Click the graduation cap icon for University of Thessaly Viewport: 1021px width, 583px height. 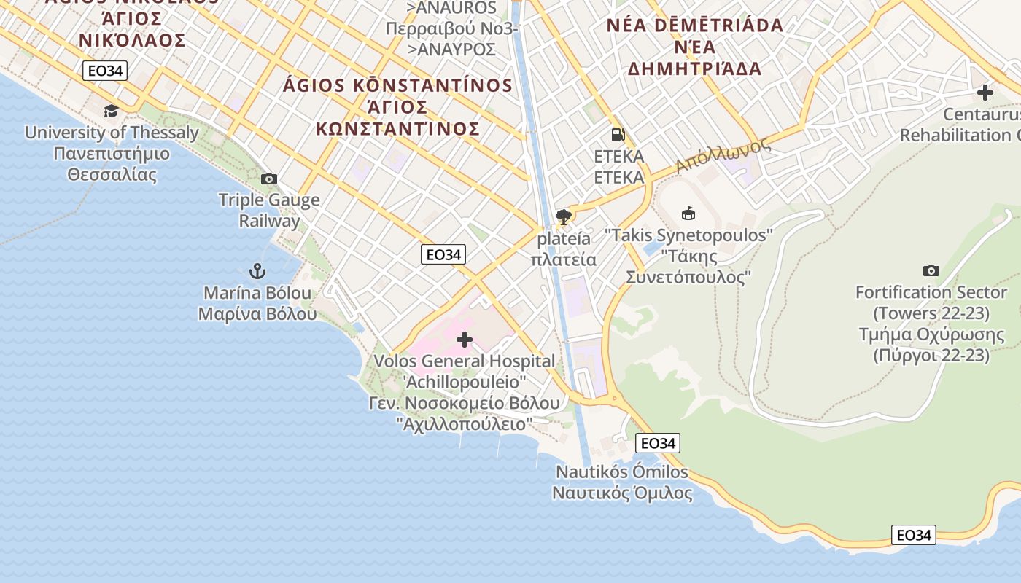pyautogui.click(x=111, y=111)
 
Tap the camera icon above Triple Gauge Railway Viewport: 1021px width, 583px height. pyautogui.click(x=268, y=179)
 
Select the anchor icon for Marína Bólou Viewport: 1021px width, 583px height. pyautogui.click(x=257, y=272)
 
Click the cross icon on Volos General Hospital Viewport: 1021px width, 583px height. pyautogui.click(x=464, y=339)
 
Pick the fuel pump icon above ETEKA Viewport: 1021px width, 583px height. pyautogui.click(x=618, y=134)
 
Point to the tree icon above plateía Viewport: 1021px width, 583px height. pyautogui.click(x=563, y=216)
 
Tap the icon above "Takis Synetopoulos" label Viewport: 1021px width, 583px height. pyautogui.click(x=688, y=213)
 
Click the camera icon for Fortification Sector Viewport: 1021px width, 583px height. pyautogui.click(x=931, y=270)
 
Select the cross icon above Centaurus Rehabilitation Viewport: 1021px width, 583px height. pyautogui.click(x=985, y=93)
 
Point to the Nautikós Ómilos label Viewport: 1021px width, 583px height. pyautogui.click(x=622, y=472)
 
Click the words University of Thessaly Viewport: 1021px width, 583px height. pyautogui.click(x=112, y=133)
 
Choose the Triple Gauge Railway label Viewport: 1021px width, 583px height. pyautogui.click(x=269, y=210)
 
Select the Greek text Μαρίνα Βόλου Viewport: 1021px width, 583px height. pyautogui.click(x=257, y=314)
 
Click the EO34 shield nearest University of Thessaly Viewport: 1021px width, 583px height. pyautogui.click(x=105, y=71)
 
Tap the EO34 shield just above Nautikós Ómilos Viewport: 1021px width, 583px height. pyautogui.click(x=657, y=443)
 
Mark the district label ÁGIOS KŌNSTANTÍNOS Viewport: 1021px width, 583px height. pyautogui.click(x=397, y=85)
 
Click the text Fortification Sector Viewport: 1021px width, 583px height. pyautogui.click(x=931, y=292)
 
